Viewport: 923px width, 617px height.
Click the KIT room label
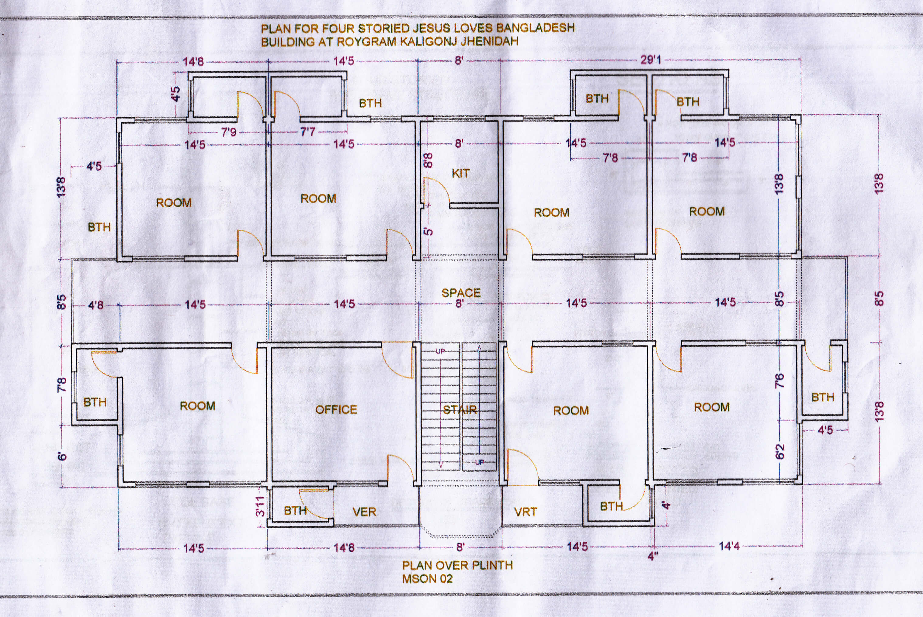[x=460, y=173]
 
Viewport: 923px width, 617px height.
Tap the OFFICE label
[x=336, y=410]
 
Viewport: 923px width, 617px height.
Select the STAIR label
[x=460, y=410]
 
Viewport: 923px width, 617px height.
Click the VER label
[x=364, y=512]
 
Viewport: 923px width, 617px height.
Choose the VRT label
[x=526, y=512]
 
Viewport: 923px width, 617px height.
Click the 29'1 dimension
[x=651, y=60]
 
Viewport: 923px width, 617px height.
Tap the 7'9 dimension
[x=229, y=132]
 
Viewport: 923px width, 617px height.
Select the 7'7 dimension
[x=308, y=131]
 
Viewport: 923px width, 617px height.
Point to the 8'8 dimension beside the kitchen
[x=428, y=160]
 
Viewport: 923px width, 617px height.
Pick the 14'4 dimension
[x=729, y=546]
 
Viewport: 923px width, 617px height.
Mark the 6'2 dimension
[x=780, y=452]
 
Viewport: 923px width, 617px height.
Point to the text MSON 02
[x=427, y=579]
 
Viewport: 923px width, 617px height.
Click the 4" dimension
[x=653, y=557]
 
